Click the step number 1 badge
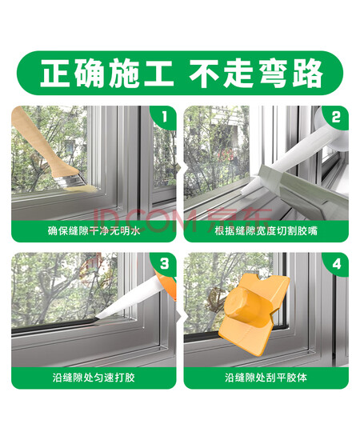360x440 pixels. tap(164, 117)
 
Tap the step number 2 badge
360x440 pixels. tap(336, 118)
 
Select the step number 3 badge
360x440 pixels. tap(165, 264)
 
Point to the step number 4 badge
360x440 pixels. tap(336, 264)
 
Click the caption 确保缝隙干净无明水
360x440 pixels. tap(94, 230)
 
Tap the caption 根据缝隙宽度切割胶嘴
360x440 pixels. tap(266, 230)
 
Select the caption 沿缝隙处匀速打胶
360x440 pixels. tap(94, 377)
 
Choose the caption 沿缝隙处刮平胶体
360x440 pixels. tap(266, 377)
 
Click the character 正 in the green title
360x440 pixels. tap(56, 74)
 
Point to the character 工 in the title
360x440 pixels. tap(158, 74)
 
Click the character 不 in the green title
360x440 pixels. tap(205, 74)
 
